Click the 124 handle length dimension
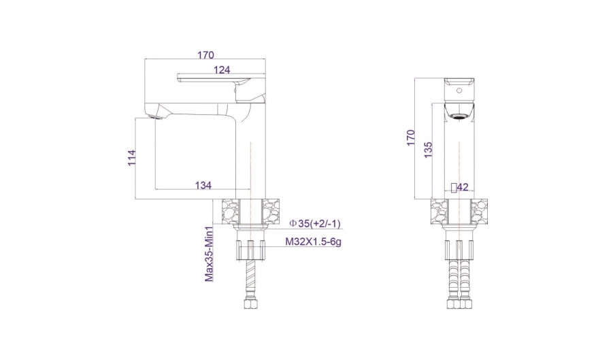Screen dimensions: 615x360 (x=222, y=70)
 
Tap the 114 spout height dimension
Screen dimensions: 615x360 (x=132, y=157)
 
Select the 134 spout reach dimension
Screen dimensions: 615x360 (x=203, y=185)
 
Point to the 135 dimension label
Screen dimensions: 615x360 (x=429, y=150)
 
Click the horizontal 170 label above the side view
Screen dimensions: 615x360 (x=205, y=55)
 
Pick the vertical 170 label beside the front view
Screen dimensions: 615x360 (x=411, y=137)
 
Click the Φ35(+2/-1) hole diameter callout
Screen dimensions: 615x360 (x=314, y=223)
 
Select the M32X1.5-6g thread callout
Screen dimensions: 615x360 (x=313, y=242)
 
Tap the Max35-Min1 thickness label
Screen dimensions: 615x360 (x=209, y=254)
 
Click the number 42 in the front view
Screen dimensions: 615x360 (x=463, y=187)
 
